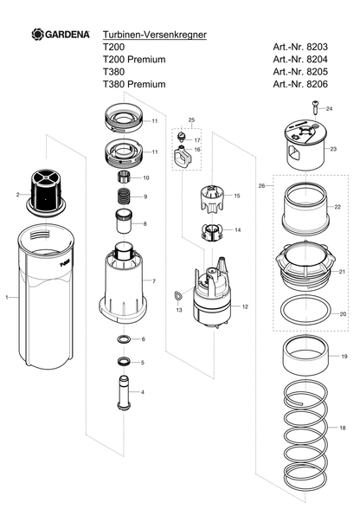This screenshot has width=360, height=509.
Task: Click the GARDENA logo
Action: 61,34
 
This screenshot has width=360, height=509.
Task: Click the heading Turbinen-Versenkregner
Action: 155,35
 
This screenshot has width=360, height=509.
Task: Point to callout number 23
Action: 333,149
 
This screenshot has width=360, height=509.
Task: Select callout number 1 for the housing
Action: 7,297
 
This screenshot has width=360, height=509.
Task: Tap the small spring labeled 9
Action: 124,197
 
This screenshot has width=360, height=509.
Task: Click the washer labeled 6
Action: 124,339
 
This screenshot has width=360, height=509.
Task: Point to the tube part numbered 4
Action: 124,393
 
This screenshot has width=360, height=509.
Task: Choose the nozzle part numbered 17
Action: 181,136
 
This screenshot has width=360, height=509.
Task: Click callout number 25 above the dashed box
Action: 191,119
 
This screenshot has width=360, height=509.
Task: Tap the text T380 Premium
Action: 134,84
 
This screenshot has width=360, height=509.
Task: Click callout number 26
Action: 261,185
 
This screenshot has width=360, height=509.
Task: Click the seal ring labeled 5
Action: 124,361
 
